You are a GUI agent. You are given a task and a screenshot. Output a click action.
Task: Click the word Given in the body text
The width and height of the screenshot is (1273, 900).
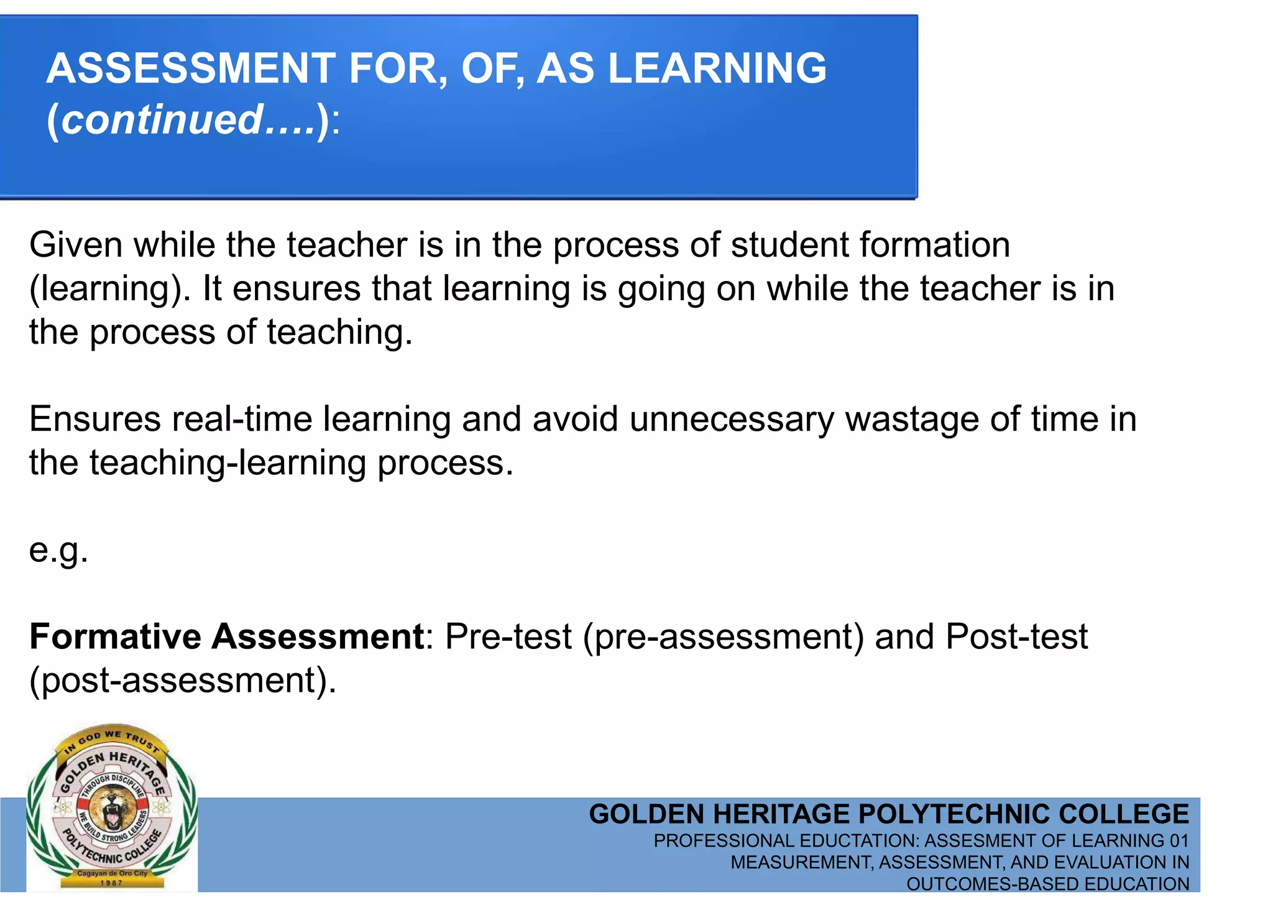pos(76,245)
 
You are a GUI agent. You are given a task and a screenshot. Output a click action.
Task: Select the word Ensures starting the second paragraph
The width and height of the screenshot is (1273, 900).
pos(94,419)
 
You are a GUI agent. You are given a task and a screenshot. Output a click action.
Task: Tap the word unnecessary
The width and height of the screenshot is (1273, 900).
pos(731,419)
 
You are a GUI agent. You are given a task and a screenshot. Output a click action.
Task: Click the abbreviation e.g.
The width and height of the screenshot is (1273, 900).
pos(58,551)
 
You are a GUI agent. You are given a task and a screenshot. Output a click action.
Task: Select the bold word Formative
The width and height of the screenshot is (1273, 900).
pos(115,636)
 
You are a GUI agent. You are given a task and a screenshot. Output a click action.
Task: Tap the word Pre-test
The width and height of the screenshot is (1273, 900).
pos(508,636)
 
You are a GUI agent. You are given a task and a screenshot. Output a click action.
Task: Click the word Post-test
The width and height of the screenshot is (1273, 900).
pos(1016,636)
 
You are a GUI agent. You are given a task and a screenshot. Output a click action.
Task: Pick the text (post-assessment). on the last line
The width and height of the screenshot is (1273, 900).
pos(183,681)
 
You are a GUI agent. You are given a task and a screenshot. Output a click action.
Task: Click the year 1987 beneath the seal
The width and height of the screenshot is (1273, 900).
pos(111,883)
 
